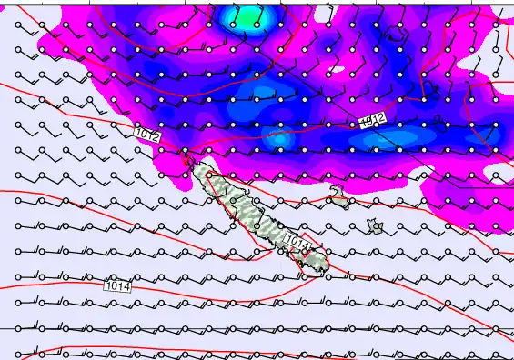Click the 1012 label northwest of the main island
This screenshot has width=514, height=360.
pyautogui.click(x=146, y=135)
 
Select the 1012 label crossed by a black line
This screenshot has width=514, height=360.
pyautogui.click(x=371, y=120)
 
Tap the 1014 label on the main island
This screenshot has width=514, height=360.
pyautogui.click(x=297, y=240)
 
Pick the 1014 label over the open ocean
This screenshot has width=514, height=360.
pyautogui.click(x=118, y=285)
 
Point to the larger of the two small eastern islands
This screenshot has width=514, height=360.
pyautogui.click(x=372, y=223)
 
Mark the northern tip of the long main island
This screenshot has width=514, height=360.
pyautogui.click(x=188, y=155)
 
